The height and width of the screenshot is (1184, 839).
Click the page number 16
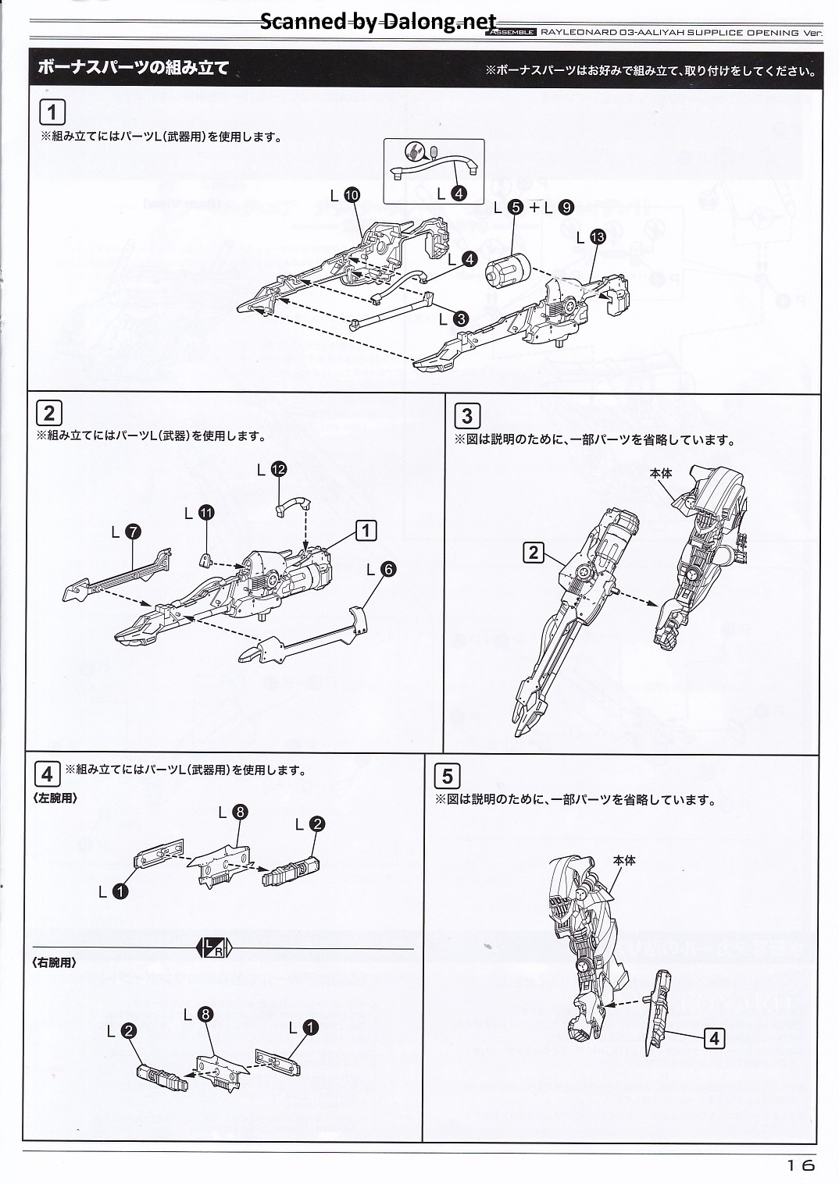[x=801, y=1164]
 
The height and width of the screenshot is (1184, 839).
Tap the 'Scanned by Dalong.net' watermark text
[x=378, y=22]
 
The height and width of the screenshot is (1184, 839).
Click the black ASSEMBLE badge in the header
[x=511, y=32]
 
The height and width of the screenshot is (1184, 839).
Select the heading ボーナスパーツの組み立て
[x=134, y=68]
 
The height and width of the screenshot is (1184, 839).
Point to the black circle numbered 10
[x=352, y=196]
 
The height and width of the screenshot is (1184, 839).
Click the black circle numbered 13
[x=598, y=237]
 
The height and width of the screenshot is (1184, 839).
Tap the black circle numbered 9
[x=566, y=208]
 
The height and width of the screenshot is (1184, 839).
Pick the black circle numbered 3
[x=461, y=319]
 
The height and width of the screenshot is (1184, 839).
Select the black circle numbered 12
[x=278, y=469]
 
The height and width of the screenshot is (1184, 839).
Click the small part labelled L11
[x=206, y=560]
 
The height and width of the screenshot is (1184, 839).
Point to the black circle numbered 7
[x=134, y=532]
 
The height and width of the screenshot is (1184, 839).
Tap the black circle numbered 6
[x=387, y=569]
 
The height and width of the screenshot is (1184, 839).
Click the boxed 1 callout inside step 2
[x=366, y=530]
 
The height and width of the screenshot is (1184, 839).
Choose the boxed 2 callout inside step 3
[x=534, y=553]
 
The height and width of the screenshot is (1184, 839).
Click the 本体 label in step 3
[x=661, y=473]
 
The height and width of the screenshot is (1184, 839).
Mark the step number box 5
[x=447, y=776]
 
